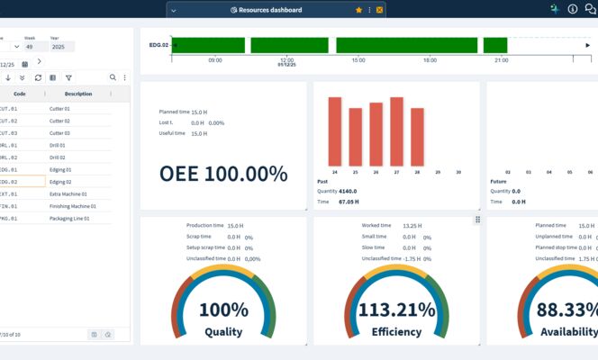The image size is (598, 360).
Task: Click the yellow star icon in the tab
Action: (359, 10)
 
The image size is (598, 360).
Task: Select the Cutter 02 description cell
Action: (60, 121)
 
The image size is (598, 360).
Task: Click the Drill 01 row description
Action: (59, 145)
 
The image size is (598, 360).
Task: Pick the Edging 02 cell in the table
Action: (60, 182)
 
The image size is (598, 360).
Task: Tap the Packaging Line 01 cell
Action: (68, 218)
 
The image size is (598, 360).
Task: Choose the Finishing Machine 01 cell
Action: (73, 206)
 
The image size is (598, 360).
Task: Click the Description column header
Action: (78, 94)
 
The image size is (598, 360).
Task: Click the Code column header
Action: (20, 94)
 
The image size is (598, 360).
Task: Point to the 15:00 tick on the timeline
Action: (358, 60)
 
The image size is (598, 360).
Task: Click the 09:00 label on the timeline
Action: (215, 60)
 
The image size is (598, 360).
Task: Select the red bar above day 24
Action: (335, 130)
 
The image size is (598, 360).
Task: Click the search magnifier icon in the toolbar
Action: (113, 78)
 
